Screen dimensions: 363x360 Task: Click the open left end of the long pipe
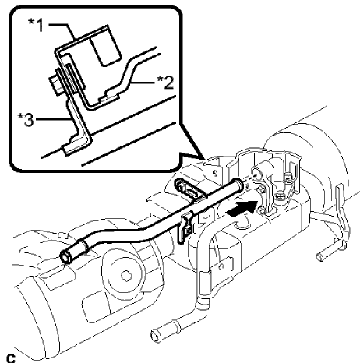(69, 256)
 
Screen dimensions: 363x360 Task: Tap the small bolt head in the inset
(54, 80)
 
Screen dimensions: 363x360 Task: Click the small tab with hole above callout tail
(208, 167)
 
